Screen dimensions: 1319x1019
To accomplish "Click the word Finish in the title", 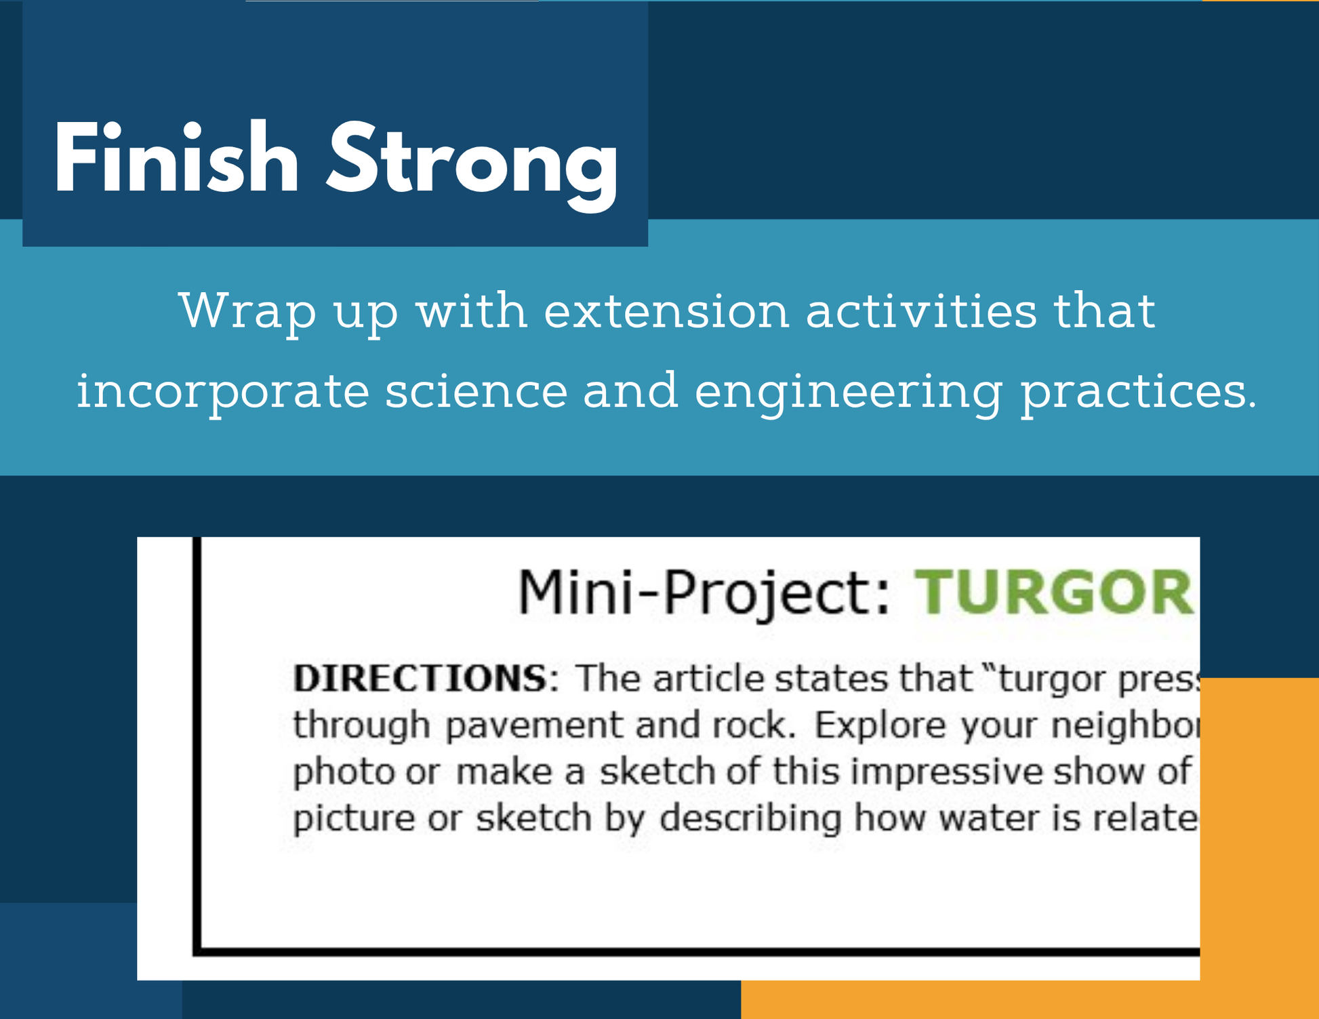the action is click(x=176, y=158).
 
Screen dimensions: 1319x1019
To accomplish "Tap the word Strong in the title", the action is click(x=472, y=165).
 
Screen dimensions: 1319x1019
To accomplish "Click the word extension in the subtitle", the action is click(x=667, y=311).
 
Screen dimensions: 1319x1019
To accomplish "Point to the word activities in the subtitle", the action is click(x=921, y=311).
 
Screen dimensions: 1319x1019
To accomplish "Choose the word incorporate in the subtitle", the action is click(x=222, y=393).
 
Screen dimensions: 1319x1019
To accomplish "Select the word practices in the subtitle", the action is click(x=1138, y=393).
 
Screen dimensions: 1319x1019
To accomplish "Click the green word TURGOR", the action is click(x=1054, y=592).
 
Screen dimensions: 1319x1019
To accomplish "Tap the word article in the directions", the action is click(x=700, y=678).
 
